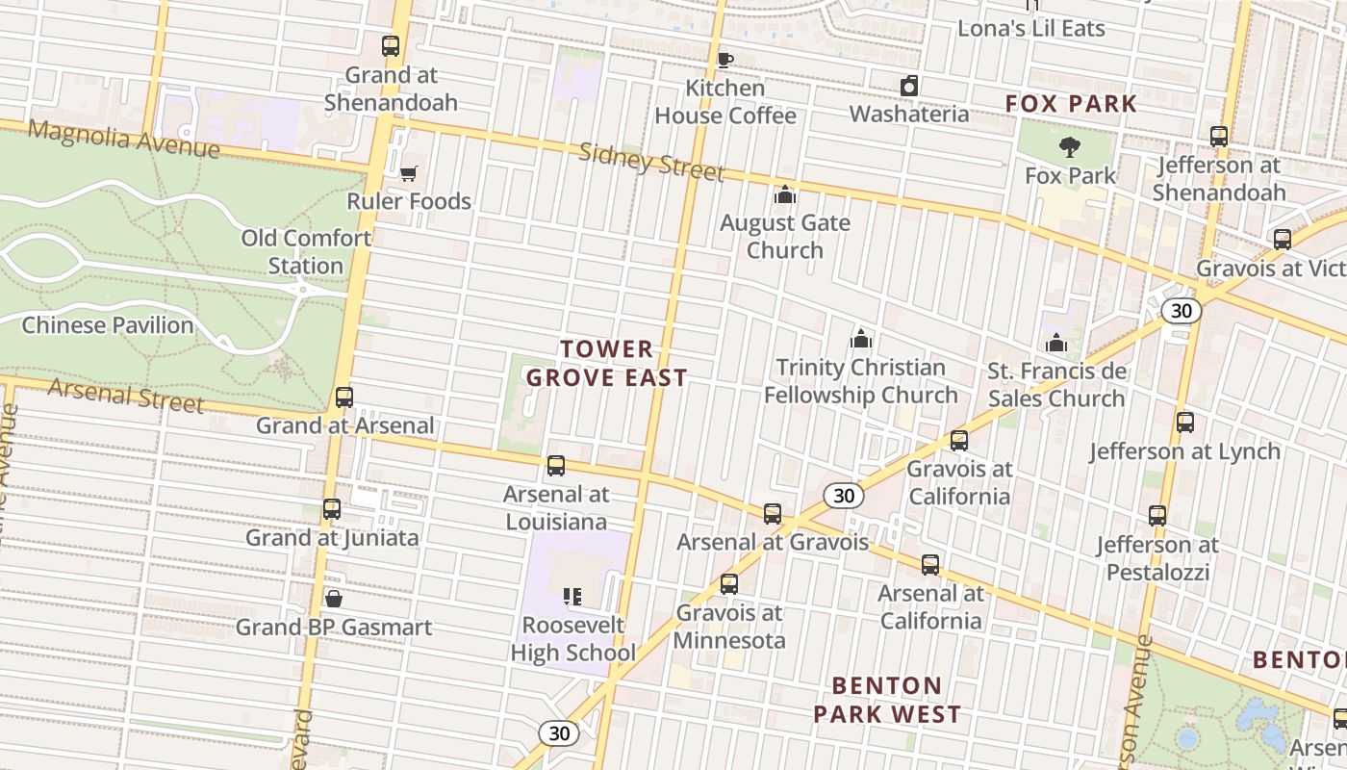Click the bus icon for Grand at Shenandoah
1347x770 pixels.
tap(391, 46)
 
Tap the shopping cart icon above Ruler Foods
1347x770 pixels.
tap(409, 173)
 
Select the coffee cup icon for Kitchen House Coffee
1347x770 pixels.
tap(724, 61)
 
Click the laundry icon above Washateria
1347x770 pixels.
tap(908, 87)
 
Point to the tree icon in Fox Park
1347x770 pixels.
tap(1069, 147)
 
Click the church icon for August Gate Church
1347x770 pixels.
tap(785, 195)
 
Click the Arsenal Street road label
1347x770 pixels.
tap(125, 394)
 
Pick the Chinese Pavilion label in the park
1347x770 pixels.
tap(108, 325)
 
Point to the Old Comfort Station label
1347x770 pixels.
tap(306, 251)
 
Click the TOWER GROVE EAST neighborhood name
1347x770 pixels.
tap(607, 363)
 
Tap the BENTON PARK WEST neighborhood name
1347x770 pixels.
tap(886, 700)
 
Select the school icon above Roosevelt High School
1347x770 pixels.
tap(572, 598)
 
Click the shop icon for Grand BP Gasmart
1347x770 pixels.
tap(334, 600)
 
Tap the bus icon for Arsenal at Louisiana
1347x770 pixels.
tap(556, 467)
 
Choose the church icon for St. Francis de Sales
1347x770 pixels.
tap(1056, 343)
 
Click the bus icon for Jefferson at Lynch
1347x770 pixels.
tap(1185, 423)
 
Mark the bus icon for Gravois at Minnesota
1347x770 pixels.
tap(729, 584)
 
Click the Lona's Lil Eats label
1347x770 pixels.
tap(1030, 28)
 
